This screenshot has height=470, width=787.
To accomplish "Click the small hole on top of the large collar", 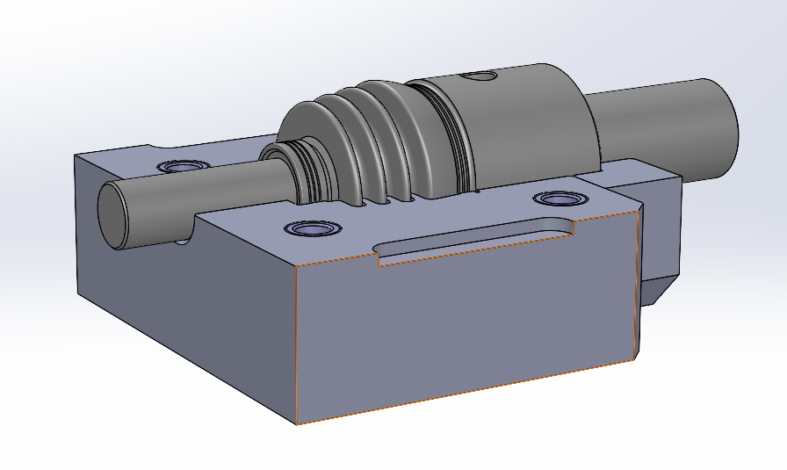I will [480, 76].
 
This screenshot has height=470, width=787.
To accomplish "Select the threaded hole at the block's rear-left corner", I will [182, 165].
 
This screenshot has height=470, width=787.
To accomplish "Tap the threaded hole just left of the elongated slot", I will [312, 228].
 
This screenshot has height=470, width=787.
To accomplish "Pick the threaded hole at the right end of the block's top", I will [558, 199].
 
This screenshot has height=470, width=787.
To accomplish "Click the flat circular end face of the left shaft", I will [111, 213].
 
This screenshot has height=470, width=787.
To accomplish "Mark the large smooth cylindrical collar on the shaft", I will [527, 123].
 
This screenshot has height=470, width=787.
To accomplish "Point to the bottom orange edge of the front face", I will [466, 393].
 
